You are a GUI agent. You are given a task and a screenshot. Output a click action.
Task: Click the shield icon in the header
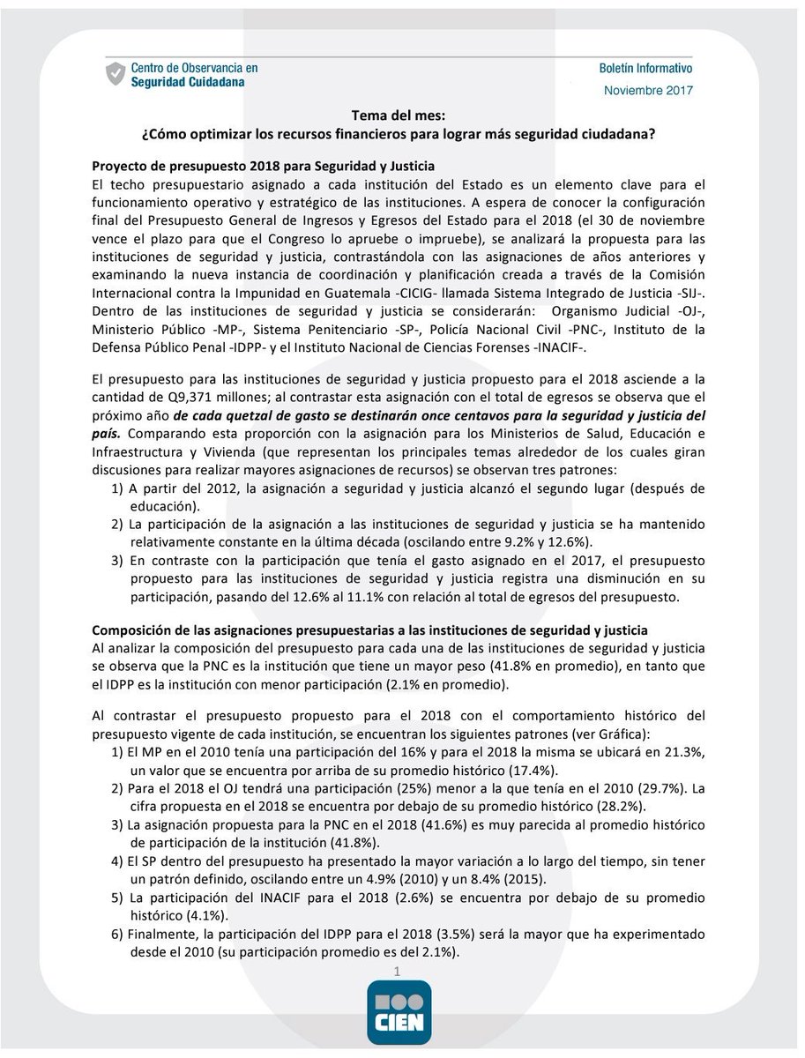tap(115, 73)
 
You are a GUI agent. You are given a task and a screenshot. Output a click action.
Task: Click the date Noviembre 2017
tap(648, 90)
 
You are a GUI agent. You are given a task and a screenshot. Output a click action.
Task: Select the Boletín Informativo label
tap(645, 68)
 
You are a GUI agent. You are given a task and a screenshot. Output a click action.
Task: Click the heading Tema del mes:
tap(401, 115)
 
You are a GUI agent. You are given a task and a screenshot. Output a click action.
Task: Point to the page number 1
tap(399, 971)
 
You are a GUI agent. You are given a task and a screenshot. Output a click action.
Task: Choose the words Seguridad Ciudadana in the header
tap(189, 81)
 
